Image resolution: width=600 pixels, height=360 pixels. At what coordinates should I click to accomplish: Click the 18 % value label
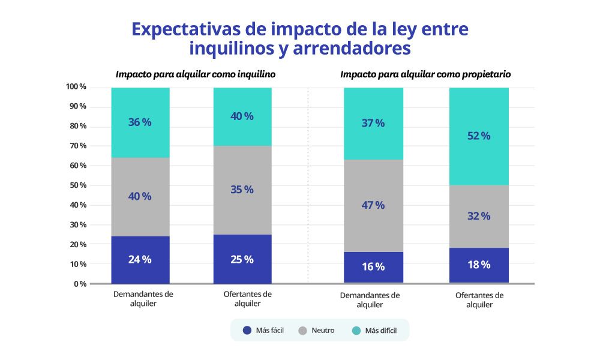pyautogui.click(x=479, y=265)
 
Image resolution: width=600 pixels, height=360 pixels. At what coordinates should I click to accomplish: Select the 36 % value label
pyautogui.click(x=140, y=122)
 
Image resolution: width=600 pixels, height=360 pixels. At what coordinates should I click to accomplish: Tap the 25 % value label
pyautogui.click(x=242, y=259)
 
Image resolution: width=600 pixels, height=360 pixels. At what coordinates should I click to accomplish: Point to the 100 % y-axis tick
pyautogui.click(x=76, y=87)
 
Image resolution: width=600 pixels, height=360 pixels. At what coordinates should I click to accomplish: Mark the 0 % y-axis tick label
pyautogui.click(x=80, y=284)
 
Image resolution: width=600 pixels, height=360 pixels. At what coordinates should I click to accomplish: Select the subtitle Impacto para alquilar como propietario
pyautogui.click(x=425, y=74)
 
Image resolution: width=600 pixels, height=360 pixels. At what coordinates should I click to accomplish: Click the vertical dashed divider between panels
pyautogui.click(x=308, y=186)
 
